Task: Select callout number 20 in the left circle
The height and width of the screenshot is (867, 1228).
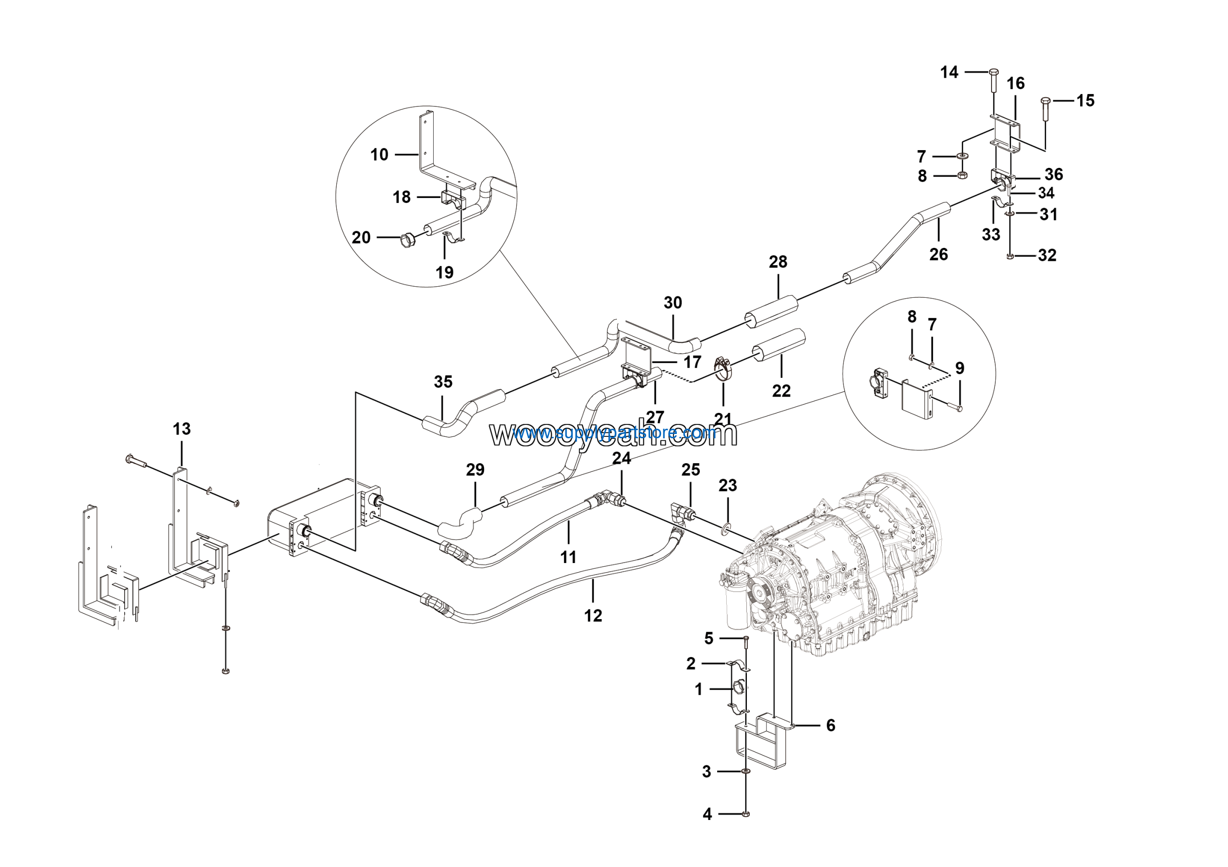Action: click(361, 237)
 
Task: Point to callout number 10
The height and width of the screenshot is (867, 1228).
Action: click(379, 155)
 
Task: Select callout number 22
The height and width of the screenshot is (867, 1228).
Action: click(781, 391)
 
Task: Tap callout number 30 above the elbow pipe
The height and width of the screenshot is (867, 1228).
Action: click(673, 303)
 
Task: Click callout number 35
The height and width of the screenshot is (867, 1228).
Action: click(443, 382)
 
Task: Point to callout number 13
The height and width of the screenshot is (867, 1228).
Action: click(181, 429)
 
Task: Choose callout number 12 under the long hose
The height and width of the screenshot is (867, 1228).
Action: click(592, 616)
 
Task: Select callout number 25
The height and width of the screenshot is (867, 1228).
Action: click(690, 470)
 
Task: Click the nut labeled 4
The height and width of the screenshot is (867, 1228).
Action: click(746, 814)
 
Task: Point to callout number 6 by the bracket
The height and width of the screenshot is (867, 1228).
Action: click(830, 726)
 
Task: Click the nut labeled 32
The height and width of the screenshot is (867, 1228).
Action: click(1009, 257)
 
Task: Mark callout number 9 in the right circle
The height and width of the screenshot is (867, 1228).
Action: click(959, 368)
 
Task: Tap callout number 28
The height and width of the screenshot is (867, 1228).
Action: click(778, 262)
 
